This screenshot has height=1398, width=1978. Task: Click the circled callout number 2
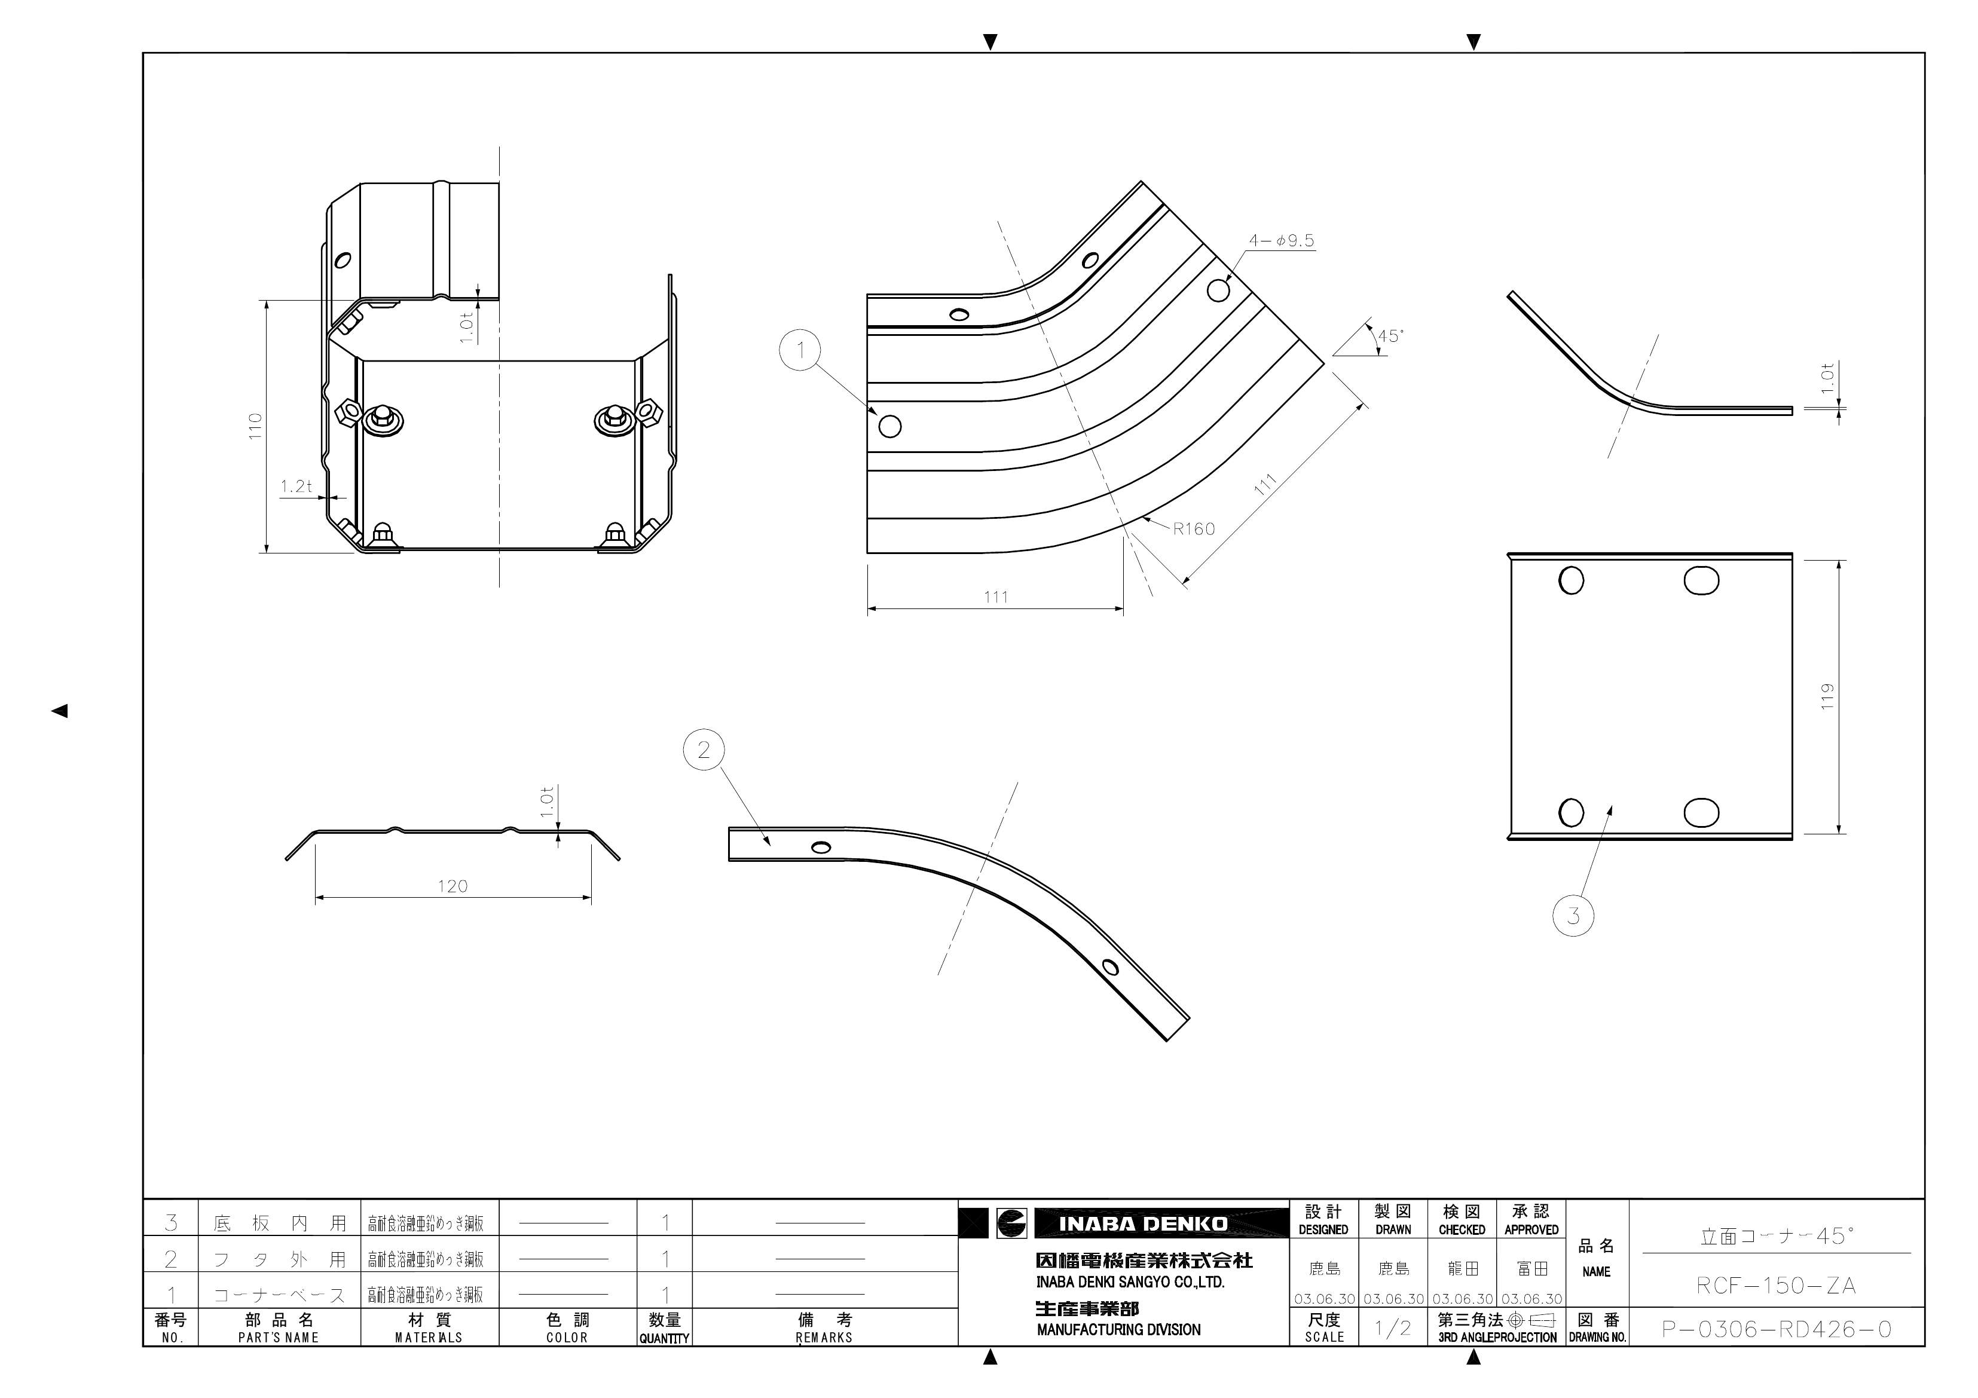(x=703, y=750)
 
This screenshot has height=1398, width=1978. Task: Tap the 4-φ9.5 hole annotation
(x=1281, y=241)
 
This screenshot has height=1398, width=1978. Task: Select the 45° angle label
(x=1390, y=336)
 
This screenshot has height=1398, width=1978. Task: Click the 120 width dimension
(x=453, y=886)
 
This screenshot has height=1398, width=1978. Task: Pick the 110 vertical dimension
(x=255, y=426)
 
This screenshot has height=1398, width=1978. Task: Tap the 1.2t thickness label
(x=295, y=487)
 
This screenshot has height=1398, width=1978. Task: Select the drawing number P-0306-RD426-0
(x=1777, y=1329)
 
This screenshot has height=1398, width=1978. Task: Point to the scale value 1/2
(x=1392, y=1328)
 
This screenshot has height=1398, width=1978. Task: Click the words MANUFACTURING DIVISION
(x=1118, y=1330)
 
